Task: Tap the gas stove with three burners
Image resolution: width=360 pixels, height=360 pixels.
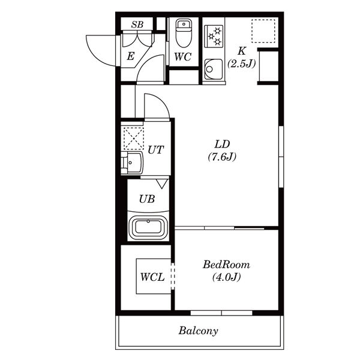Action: (x=214, y=36)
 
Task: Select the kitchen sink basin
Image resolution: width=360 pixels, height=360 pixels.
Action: (x=214, y=69)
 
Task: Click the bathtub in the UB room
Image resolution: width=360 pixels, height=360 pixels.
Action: (x=148, y=227)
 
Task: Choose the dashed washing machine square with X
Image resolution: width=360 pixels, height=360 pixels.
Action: (x=134, y=139)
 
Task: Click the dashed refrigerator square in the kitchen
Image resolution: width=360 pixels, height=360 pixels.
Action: (x=263, y=31)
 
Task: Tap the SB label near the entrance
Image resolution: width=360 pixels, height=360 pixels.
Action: (x=137, y=25)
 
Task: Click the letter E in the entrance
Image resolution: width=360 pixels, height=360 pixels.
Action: (x=130, y=56)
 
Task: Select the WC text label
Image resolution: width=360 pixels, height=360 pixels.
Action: (x=183, y=56)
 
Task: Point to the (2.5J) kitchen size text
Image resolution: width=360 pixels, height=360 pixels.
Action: (x=241, y=64)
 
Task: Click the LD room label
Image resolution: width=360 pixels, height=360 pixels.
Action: (x=222, y=144)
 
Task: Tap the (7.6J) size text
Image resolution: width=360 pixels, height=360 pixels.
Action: (x=222, y=157)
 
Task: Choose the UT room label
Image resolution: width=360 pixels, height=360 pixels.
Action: (x=156, y=150)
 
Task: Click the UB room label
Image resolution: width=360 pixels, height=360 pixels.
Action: (x=147, y=199)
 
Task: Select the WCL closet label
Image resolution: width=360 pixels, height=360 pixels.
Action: (x=152, y=277)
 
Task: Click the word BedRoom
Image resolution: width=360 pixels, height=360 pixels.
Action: (x=226, y=265)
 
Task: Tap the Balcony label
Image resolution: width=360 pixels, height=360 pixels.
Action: (x=199, y=331)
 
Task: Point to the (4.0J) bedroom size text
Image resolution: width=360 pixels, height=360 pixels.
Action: (x=226, y=277)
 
